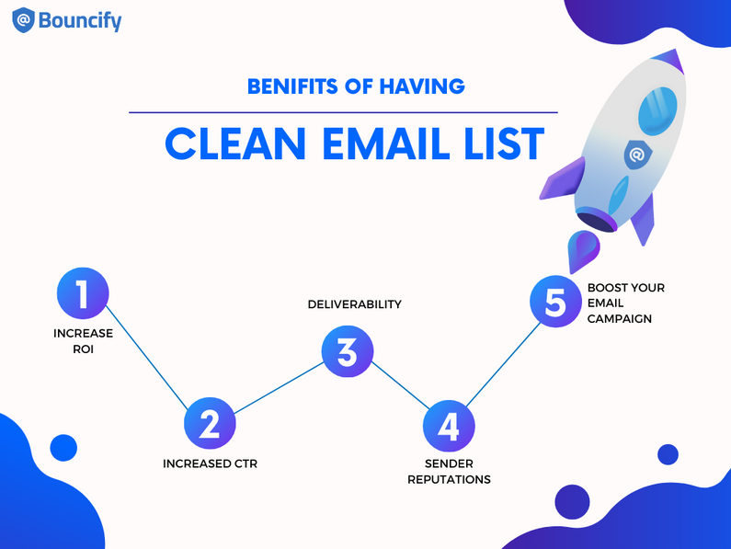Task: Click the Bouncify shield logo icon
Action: pyautogui.click(x=23, y=20)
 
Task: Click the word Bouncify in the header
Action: pyautogui.click(x=80, y=21)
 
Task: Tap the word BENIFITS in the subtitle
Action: pyautogui.click(x=292, y=86)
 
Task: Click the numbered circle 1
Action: pyautogui.click(x=83, y=293)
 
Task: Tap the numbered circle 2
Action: pyautogui.click(x=210, y=424)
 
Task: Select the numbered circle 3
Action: pyautogui.click(x=348, y=351)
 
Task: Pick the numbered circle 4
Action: pyautogui.click(x=449, y=426)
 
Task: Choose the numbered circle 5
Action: pyautogui.click(x=555, y=302)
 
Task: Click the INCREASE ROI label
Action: pyautogui.click(x=83, y=341)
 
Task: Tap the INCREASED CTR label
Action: pyautogui.click(x=210, y=463)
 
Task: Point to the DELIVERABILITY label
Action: pyautogui.click(x=354, y=304)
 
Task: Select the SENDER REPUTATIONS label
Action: pyautogui.click(x=449, y=472)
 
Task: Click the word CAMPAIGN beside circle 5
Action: pyautogui.click(x=619, y=318)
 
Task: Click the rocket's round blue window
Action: pyautogui.click(x=657, y=111)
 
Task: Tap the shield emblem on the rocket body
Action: pyautogui.click(x=637, y=154)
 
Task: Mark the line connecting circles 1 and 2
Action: pyautogui.click(x=147, y=359)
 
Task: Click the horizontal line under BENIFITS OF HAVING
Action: pyautogui.click(x=343, y=112)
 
